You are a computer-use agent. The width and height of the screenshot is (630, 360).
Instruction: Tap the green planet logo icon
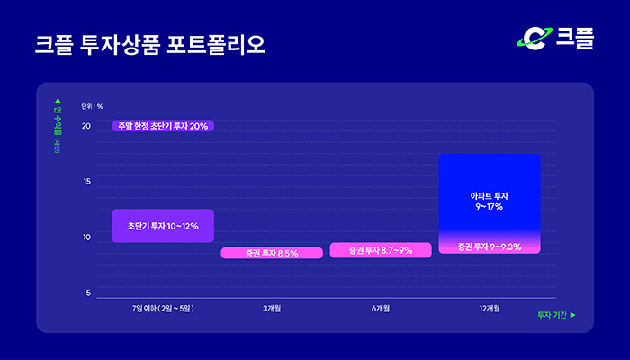[x=534, y=38]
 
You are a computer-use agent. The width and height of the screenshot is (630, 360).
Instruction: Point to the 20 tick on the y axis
[x=86, y=126]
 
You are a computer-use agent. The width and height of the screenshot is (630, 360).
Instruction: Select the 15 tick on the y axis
[x=86, y=182]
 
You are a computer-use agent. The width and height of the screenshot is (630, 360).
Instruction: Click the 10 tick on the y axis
[x=86, y=238]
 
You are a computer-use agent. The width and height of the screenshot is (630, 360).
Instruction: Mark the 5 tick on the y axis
[x=88, y=293]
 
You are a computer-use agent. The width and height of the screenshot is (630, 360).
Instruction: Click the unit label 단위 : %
[x=92, y=106]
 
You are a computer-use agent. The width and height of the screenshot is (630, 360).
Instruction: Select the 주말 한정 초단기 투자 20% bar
[x=163, y=126]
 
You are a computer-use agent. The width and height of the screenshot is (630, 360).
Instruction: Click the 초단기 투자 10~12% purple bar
[x=163, y=226]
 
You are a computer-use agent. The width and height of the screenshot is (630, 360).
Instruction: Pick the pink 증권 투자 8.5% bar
[x=272, y=254]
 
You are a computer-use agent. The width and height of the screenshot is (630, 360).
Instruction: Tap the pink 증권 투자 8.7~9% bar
[x=380, y=250]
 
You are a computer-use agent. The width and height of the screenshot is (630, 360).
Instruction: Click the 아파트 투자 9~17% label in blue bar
[x=489, y=201]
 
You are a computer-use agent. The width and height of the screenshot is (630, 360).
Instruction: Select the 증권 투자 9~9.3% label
[x=489, y=246]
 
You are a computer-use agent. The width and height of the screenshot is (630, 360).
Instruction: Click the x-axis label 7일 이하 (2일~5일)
[x=163, y=309]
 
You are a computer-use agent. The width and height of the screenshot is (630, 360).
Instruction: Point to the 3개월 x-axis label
[x=272, y=309]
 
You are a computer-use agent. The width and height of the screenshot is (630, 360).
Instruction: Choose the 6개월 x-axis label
[x=380, y=309]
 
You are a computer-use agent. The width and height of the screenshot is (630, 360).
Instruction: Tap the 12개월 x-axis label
[x=489, y=309]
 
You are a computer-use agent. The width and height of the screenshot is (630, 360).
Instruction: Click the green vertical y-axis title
[x=58, y=126]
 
